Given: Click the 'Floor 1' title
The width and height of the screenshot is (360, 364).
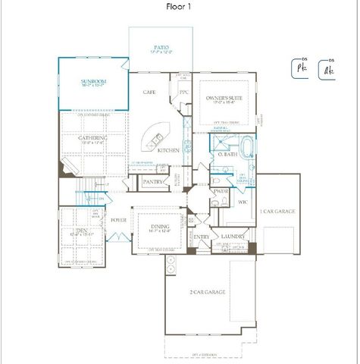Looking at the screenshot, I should click(x=180, y=7).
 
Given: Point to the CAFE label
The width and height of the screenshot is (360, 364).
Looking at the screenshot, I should click(x=150, y=92).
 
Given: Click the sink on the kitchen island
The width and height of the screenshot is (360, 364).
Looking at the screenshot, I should click(x=158, y=139).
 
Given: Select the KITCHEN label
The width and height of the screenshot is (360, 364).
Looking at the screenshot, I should click(x=168, y=151).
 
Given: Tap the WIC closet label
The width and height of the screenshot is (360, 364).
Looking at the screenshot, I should click(x=243, y=202).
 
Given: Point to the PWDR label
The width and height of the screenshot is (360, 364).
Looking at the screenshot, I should click(x=222, y=192).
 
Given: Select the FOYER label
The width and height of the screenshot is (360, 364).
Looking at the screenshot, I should click(x=118, y=221).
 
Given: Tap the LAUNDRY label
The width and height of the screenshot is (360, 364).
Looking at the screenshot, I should click(x=232, y=237).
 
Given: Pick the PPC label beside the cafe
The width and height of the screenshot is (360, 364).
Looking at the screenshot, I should click(x=183, y=93).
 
